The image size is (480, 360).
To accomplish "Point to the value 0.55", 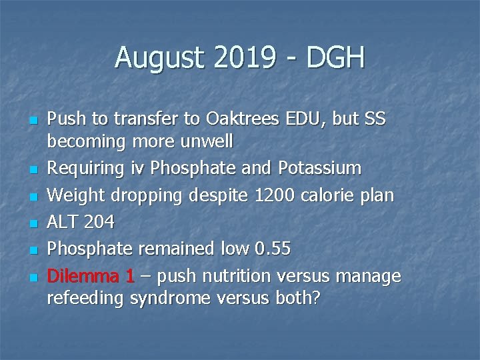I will click(273, 249).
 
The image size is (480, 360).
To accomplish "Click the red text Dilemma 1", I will click(89, 276).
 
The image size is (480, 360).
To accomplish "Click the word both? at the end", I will click(298, 299).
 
